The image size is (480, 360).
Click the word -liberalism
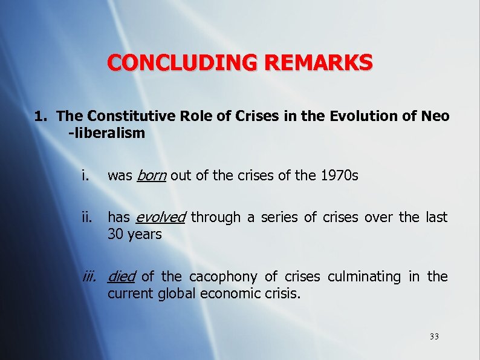107,133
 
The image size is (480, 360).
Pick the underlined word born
152,176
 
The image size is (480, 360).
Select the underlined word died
121,277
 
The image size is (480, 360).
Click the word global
175,293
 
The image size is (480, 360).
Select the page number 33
434,336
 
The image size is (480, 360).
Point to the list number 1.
40,116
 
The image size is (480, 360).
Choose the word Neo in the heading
436,116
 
